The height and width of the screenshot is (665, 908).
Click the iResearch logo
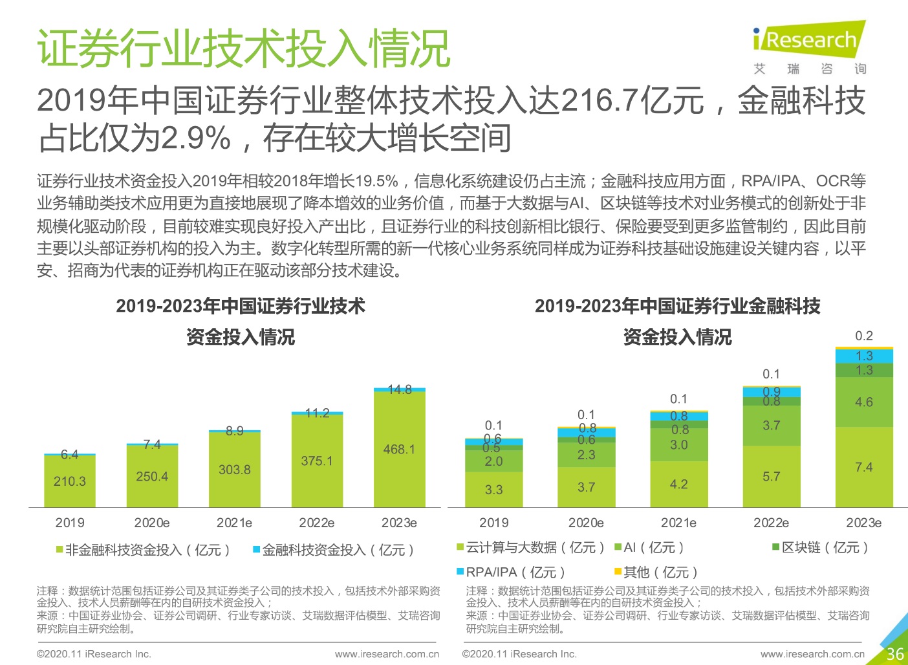coord(809,40)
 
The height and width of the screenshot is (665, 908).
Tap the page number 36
coord(894,653)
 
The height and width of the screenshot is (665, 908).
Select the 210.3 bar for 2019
coord(70,481)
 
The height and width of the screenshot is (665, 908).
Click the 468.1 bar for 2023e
coord(399,449)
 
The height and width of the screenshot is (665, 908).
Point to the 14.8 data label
coord(400,389)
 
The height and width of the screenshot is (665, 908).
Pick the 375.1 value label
coord(317,461)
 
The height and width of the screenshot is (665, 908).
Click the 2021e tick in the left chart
coord(234,523)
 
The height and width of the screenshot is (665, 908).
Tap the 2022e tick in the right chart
coord(771,523)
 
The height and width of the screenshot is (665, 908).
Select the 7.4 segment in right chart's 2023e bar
coord(863,467)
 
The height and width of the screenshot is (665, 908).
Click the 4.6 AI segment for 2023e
coord(863,402)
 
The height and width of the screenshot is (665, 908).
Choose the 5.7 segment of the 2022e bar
coord(771,476)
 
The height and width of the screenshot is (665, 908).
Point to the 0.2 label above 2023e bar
coord(863,336)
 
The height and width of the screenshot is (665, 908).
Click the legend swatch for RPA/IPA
coord(460,572)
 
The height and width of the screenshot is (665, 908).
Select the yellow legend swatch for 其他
coord(618,572)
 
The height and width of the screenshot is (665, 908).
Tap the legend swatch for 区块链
coord(775,547)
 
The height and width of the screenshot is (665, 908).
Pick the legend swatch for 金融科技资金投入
coord(256,550)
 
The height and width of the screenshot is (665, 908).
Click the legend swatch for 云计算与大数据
coord(460,547)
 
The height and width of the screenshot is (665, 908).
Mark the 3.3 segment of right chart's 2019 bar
coord(493,490)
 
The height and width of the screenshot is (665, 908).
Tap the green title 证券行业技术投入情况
coord(243,49)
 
